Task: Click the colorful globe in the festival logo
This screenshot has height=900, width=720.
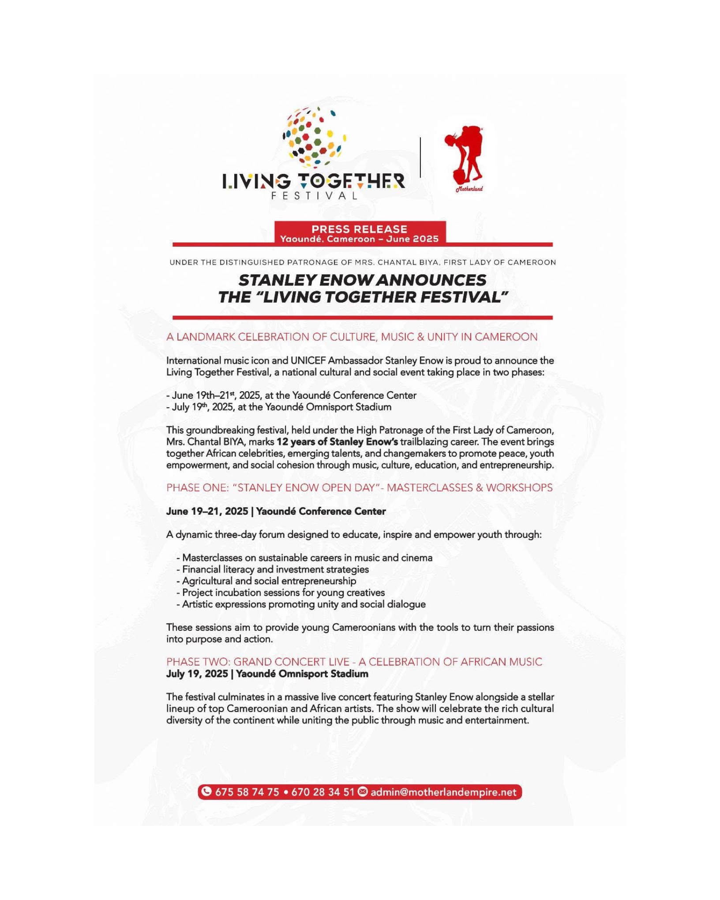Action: click(314, 138)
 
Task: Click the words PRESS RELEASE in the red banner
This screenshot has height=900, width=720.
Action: click(359, 229)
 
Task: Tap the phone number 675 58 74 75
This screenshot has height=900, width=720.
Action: click(247, 792)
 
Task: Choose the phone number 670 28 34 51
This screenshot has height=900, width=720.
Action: click(323, 792)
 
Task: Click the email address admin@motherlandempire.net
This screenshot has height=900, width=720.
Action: click(443, 792)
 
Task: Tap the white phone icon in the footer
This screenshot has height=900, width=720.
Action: click(206, 791)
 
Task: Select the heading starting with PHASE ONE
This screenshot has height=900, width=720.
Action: click(359, 487)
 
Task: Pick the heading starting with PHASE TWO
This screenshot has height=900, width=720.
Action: click(354, 662)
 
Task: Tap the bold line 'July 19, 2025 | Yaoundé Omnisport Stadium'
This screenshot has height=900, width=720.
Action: click(267, 674)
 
